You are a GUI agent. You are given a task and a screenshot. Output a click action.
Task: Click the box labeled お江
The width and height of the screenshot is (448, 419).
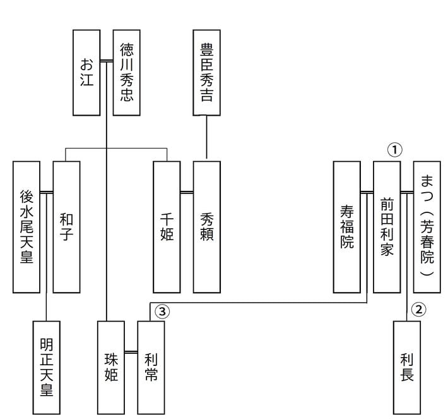click(x=86, y=72)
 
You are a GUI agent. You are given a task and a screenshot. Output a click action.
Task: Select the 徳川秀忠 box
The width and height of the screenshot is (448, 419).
click(x=126, y=72)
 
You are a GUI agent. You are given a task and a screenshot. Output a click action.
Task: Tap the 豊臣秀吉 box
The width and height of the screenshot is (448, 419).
click(x=206, y=72)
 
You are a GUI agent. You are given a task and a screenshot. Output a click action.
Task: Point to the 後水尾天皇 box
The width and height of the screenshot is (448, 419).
click(x=27, y=227)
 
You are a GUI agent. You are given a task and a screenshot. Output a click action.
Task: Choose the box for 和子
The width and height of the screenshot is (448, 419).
click(x=66, y=227)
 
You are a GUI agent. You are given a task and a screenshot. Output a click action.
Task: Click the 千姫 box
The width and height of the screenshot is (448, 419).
click(x=167, y=227)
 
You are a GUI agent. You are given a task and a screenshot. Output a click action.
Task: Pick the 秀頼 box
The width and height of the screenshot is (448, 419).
click(x=206, y=227)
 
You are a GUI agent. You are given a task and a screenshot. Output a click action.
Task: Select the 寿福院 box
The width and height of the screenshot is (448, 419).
click(x=346, y=227)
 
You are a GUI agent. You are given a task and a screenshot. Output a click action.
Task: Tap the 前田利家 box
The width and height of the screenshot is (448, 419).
click(x=387, y=227)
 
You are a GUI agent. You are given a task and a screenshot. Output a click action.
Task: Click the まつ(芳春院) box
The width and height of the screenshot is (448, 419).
click(x=427, y=227)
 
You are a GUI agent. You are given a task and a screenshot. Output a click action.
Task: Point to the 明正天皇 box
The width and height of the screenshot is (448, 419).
click(x=47, y=367)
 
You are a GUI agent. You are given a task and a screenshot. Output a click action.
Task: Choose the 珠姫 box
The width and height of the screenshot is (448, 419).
click(x=111, y=367)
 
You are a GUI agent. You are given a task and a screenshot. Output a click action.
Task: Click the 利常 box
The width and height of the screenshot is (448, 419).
click(x=151, y=367)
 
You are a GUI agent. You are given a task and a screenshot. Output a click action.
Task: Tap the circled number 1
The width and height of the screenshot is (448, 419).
click(x=394, y=150)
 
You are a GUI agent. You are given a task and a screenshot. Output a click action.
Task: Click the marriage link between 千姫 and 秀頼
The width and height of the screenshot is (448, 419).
click(x=187, y=190)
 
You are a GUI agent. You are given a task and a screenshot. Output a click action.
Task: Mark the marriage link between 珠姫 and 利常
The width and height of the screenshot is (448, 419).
click(x=131, y=351)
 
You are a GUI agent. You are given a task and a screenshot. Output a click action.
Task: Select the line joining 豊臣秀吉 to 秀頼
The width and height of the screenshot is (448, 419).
click(x=206, y=138)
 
